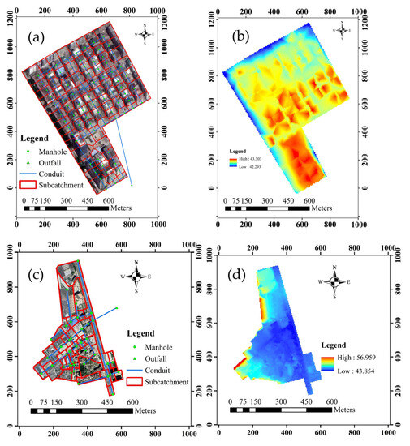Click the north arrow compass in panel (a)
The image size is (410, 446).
click(146, 34)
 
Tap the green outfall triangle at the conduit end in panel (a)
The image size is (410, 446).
click(132, 185)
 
